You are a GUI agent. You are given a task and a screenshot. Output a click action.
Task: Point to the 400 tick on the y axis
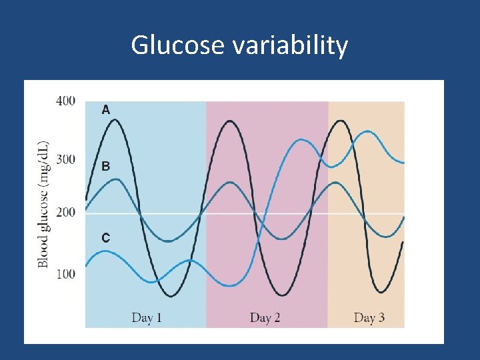pyautogui.click(x=65, y=101)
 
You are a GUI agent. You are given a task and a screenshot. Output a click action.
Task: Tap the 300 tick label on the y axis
pyautogui.click(x=65, y=159)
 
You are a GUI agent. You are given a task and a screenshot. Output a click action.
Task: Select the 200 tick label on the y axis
pyautogui.click(x=65, y=212)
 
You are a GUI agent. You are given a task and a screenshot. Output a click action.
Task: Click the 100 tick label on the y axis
pyautogui.click(x=65, y=273)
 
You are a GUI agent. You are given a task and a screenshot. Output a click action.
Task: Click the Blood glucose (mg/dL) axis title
pyautogui.click(x=43, y=204)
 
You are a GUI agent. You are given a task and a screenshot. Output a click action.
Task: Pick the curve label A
pyautogui.click(x=106, y=110)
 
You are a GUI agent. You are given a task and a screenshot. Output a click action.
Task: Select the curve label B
pyautogui.click(x=106, y=166)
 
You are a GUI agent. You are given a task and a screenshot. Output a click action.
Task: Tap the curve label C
pyautogui.click(x=106, y=237)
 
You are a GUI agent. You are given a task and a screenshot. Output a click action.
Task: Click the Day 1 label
pyautogui.click(x=147, y=317)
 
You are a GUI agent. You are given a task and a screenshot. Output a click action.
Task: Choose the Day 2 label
pyautogui.click(x=265, y=317)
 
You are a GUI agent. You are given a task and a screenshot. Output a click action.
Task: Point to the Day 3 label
pyautogui.click(x=369, y=317)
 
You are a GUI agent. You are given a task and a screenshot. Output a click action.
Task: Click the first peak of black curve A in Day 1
pyautogui.click(x=115, y=120)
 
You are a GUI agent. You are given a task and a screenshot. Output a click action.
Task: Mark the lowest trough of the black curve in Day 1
pyautogui.click(x=171, y=295)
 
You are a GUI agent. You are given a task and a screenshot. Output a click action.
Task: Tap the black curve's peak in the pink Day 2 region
pyautogui.click(x=230, y=121)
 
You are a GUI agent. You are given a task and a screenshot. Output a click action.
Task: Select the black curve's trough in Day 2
pyautogui.click(x=284, y=295)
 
